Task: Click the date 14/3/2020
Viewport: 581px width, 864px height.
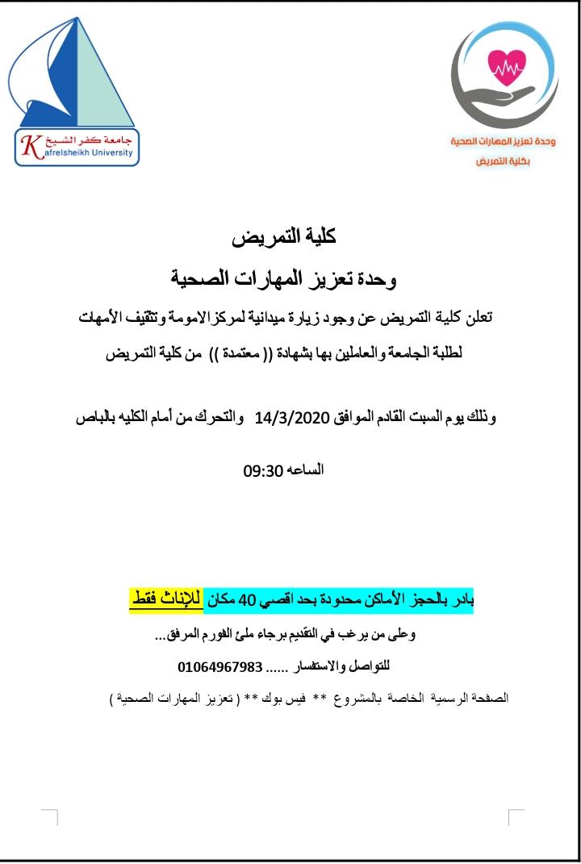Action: point(288,419)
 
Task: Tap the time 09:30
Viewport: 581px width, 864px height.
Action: point(261,470)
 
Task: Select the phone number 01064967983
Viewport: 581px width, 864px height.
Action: point(220,667)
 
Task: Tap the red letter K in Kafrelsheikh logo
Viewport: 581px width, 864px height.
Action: point(31,146)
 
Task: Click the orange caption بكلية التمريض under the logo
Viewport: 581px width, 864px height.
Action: point(502,161)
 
